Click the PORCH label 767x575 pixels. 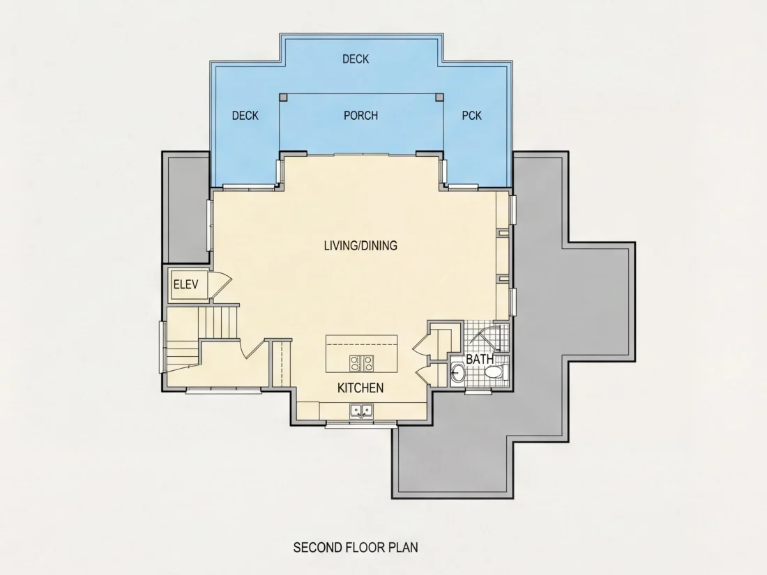pyautogui.click(x=360, y=116)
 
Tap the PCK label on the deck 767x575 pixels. pyautogui.click(x=471, y=116)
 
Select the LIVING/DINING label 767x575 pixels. pyautogui.click(x=360, y=245)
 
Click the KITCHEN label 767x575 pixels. pyautogui.click(x=360, y=388)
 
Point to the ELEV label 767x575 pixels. pyautogui.click(x=186, y=284)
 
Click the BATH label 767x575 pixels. pyautogui.click(x=480, y=359)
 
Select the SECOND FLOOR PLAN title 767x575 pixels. pyautogui.click(x=356, y=547)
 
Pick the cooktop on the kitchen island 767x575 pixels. pyautogui.click(x=361, y=362)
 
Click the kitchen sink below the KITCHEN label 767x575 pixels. pyautogui.click(x=361, y=411)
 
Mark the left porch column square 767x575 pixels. pyautogui.click(x=283, y=97)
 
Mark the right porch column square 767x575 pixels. pyautogui.click(x=439, y=97)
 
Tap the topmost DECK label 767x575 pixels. pyautogui.click(x=356, y=59)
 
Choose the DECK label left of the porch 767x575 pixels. pyautogui.click(x=245, y=116)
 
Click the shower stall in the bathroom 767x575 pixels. pyautogui.click(x=486, y=337)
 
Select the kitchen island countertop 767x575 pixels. pyautogui.click(x=361, y=353)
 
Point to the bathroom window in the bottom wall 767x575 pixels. pyautogui.click(x=478, y=391)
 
